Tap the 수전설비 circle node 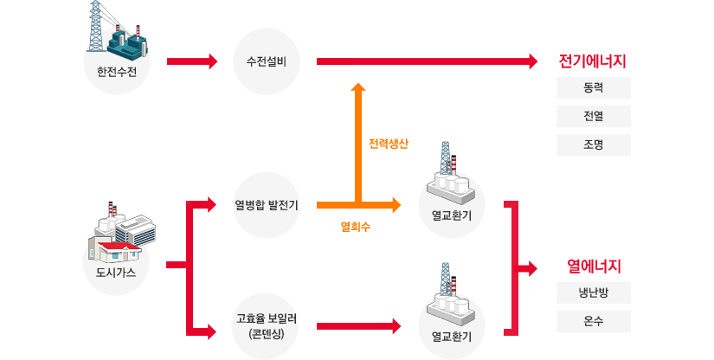267,61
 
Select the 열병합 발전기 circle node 267,205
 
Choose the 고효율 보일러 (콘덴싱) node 267,325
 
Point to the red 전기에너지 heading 593,62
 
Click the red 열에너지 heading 594,266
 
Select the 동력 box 594,88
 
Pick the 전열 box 594,116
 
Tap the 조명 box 594,144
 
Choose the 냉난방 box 594,292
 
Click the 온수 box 594,321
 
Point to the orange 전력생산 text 388,144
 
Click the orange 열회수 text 356,228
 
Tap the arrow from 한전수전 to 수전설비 191,61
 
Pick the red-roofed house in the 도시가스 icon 119,252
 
